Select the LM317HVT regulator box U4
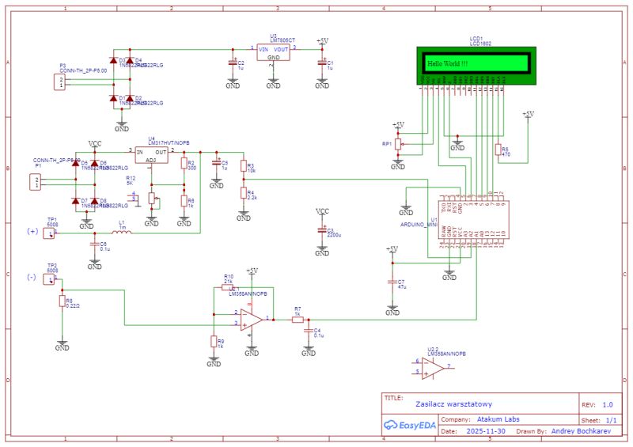(x=150, y=155)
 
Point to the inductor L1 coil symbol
(x=123, y=233)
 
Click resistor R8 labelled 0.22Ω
(x=62, y=301)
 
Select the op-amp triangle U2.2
(x=432, y=367)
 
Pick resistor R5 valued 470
(x=498, y=150)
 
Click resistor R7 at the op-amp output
(x=297, y=319)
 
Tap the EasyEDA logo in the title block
(x=410, y=426)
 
